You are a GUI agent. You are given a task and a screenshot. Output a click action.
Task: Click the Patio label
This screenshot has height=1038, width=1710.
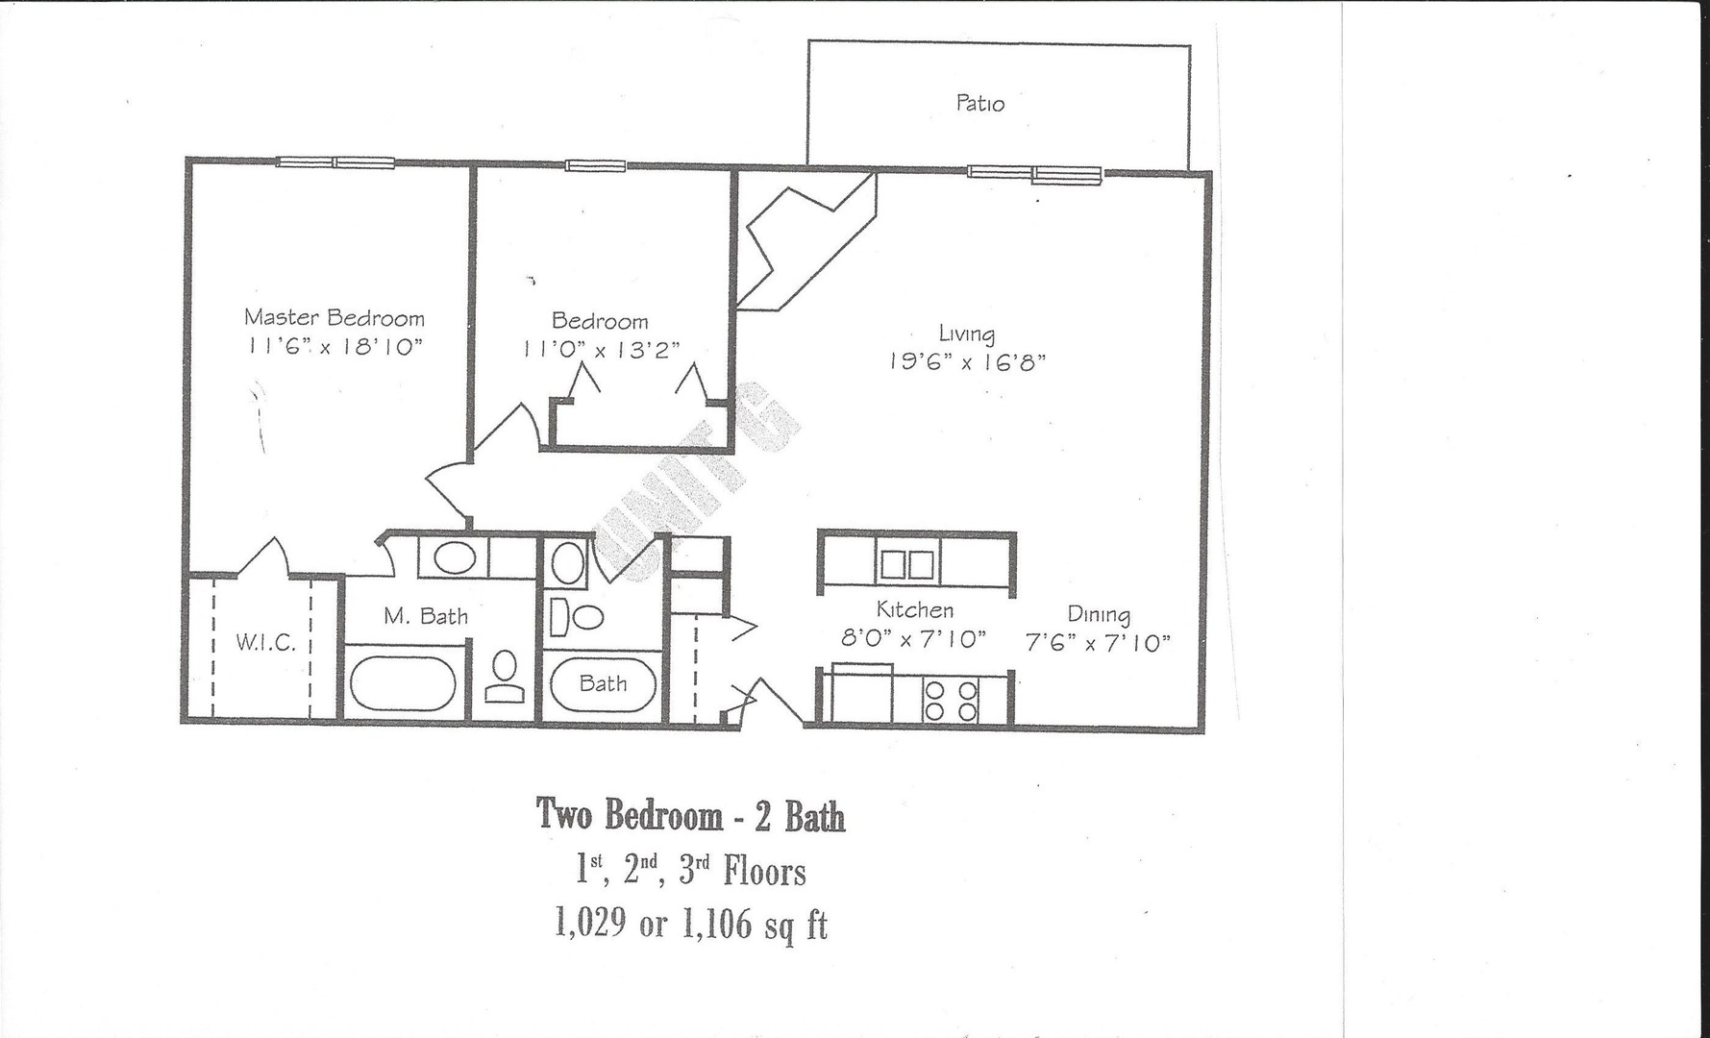tap(979, 104)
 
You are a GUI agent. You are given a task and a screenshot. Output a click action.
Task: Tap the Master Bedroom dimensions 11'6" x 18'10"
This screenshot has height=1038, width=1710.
tap(334, 347)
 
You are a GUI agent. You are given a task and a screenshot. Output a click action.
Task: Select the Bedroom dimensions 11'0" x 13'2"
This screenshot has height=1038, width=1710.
tap(601, 351)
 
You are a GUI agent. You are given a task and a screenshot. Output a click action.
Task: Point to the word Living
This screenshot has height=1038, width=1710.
tap(966, 334)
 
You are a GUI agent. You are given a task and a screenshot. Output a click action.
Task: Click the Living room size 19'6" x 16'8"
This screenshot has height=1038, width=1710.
tap(966, 362)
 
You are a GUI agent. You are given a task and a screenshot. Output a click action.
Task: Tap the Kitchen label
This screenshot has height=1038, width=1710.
tap(914, 610)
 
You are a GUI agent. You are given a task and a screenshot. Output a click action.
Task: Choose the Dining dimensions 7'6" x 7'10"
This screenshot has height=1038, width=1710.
tap(1098, 643)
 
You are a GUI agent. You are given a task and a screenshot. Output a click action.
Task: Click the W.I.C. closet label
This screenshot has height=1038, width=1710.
tap(265, 643)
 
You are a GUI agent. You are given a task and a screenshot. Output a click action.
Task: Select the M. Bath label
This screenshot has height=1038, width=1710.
tap(426, 616)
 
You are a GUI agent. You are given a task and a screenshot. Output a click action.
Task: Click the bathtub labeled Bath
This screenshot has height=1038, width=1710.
tap(603, 684)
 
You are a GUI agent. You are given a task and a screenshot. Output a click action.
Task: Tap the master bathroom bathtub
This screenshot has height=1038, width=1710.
tap(403, 683)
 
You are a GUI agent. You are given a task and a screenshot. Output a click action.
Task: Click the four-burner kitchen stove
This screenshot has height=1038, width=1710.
tap(950, 701)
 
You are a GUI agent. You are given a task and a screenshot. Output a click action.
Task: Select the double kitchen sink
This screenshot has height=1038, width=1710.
tap(906, 564)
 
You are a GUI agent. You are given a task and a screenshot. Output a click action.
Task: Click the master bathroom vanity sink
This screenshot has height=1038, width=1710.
tap(452, 558)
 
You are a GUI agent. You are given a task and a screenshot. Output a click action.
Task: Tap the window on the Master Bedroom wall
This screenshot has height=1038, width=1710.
tap(335, 162)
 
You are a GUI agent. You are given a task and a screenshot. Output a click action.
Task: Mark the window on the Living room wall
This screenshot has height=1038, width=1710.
tap(1033, 174)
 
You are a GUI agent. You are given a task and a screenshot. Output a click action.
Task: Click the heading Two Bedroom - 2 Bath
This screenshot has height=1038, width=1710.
tap(690, 816)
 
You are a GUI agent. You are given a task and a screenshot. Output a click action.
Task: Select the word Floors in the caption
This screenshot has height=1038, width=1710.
tap(764, 872)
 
